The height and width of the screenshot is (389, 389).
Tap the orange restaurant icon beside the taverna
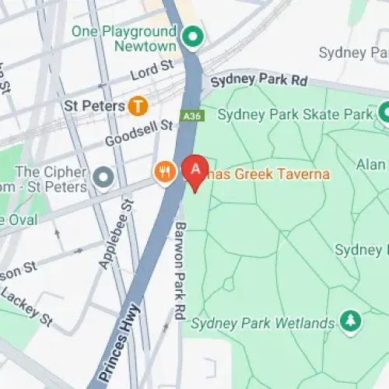163,172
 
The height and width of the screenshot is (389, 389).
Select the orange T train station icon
138,104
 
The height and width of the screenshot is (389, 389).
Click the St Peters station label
94,104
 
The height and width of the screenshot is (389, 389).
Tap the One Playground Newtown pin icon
191,36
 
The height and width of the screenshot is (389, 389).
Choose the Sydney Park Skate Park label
295,114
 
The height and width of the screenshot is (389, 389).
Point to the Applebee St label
115,233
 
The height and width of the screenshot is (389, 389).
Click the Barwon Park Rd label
179,257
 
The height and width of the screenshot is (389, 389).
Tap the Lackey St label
26,307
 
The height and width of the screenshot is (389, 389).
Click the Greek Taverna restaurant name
268,175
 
